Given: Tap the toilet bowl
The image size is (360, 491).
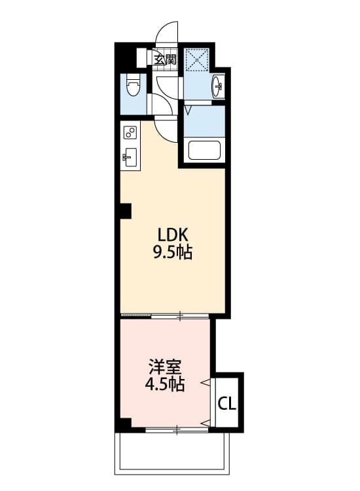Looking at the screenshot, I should point(134,85).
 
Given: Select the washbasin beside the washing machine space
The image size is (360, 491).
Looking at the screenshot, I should point(219,85).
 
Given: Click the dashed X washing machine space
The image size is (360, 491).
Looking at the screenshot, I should point(196,60).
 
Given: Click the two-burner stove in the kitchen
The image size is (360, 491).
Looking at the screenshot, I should point(130,133).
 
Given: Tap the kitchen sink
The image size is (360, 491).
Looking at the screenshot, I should point(130,157).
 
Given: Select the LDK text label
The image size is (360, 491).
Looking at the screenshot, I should point(173,235).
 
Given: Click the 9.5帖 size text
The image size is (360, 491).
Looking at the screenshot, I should point(173,253).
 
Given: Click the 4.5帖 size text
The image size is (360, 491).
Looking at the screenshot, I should point(164,384).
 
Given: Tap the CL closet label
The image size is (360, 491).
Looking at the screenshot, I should point(227,403).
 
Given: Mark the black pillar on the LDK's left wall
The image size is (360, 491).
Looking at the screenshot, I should point(125,211).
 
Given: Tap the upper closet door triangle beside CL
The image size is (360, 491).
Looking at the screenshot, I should point(211,381).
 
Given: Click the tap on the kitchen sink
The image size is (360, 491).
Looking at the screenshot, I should point(126,157).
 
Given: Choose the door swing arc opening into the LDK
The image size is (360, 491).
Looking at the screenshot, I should point(167,131).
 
